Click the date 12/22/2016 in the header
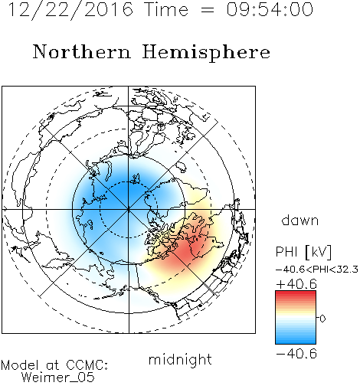(70, 9)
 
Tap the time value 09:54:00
(270, 9)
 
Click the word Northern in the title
(81, 51)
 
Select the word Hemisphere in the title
(206, 53)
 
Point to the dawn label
(300, 220)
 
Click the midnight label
(180, 359)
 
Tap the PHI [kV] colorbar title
(303, 252)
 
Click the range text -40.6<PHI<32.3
(317, 270)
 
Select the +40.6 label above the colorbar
(296, 284)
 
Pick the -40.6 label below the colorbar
(296, 354)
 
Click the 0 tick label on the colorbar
(322, 319)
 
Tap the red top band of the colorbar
(296, 293)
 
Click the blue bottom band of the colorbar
(296, 342)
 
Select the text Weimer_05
(58, 377)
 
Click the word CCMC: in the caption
(87, 365)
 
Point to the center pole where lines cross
(129, 209)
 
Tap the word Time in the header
(166, 9)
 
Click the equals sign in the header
(208, 10)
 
